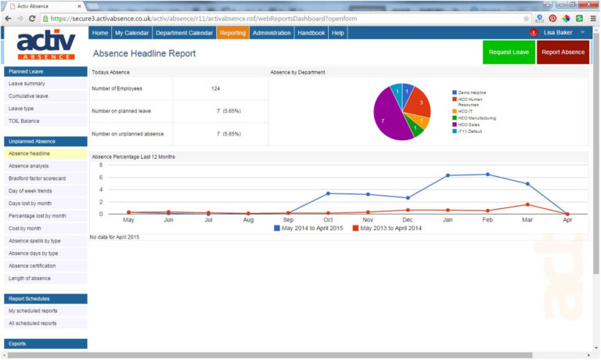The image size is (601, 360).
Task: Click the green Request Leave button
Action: pyautogui.click(x=509, y=52)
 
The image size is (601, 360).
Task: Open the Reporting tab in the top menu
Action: pyautogui.click(x=232, y=33)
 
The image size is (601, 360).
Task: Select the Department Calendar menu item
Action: pyautogui.click(x=184, y=33)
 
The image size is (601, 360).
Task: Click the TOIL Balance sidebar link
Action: pyautogui.click(x=24, y=121)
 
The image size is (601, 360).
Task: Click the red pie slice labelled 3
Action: pyautogui.click(x=420, y=103)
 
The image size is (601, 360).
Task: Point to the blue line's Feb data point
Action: pyautogui.click(x=488, y=175)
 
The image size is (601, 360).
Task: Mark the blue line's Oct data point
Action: pyautogui.click(x=328, y=193)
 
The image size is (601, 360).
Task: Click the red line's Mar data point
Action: pyautogui.click(x=527, y=205)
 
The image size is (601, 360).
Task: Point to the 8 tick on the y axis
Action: pyautogui.click(x=101, y=165)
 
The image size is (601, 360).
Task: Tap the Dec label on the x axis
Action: pyautogui.click(x=407, y=220)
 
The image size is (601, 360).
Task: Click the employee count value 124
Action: pyautogui.click(x=215, y=88)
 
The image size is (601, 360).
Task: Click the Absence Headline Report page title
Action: pyautogui.click(x=144, y=54)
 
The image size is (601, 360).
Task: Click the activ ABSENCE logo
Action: pyautogui.click(x=45, y=44)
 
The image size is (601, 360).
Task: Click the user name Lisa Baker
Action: pyautogui.click(x=558, y=33)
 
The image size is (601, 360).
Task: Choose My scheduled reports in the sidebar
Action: pyautogui.click(x=33, y=311)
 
